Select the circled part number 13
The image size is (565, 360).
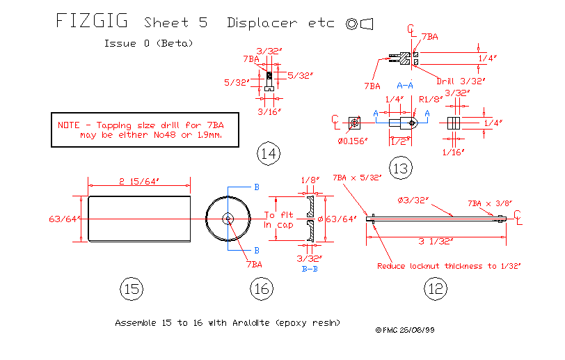(401, 168)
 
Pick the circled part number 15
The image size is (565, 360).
(131, 288)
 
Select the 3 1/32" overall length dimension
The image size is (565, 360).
(436, 242)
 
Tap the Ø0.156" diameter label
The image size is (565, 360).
(353, 141)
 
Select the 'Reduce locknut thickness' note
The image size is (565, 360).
(449, 265)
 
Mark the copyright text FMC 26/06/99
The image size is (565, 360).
(406, 331)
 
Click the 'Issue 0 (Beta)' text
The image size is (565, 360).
(148, 43)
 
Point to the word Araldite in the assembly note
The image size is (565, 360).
(260, 324)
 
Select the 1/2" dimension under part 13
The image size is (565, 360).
(399, 141)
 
